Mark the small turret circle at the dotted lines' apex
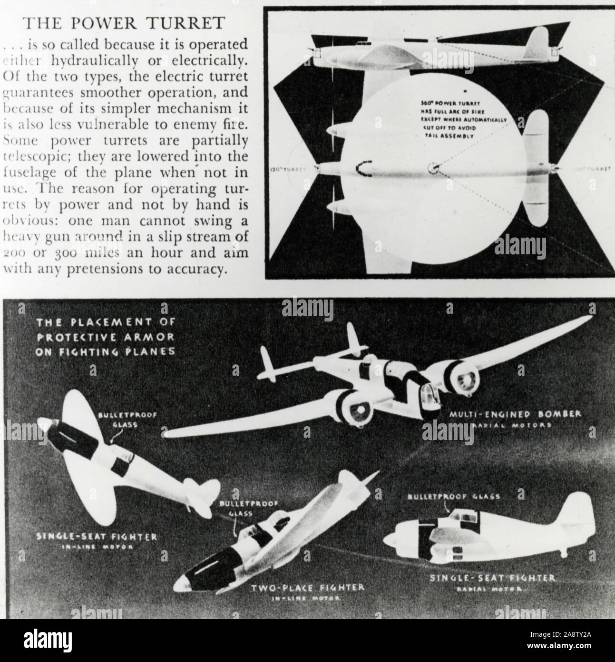(433, 168)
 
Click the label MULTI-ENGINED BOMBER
(515, 414)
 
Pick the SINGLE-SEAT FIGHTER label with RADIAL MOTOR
(493, 578)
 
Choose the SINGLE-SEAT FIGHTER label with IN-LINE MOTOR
(97, 537)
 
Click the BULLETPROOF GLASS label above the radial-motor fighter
(454, 496)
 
